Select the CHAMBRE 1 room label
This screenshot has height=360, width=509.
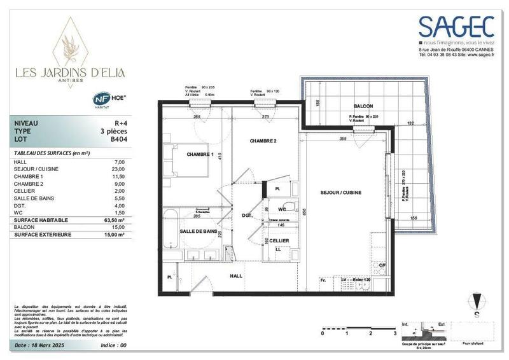(199, 154)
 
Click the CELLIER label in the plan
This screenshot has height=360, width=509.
(280, 240)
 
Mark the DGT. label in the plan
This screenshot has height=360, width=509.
(248, 216)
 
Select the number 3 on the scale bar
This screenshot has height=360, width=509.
(394, 333)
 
